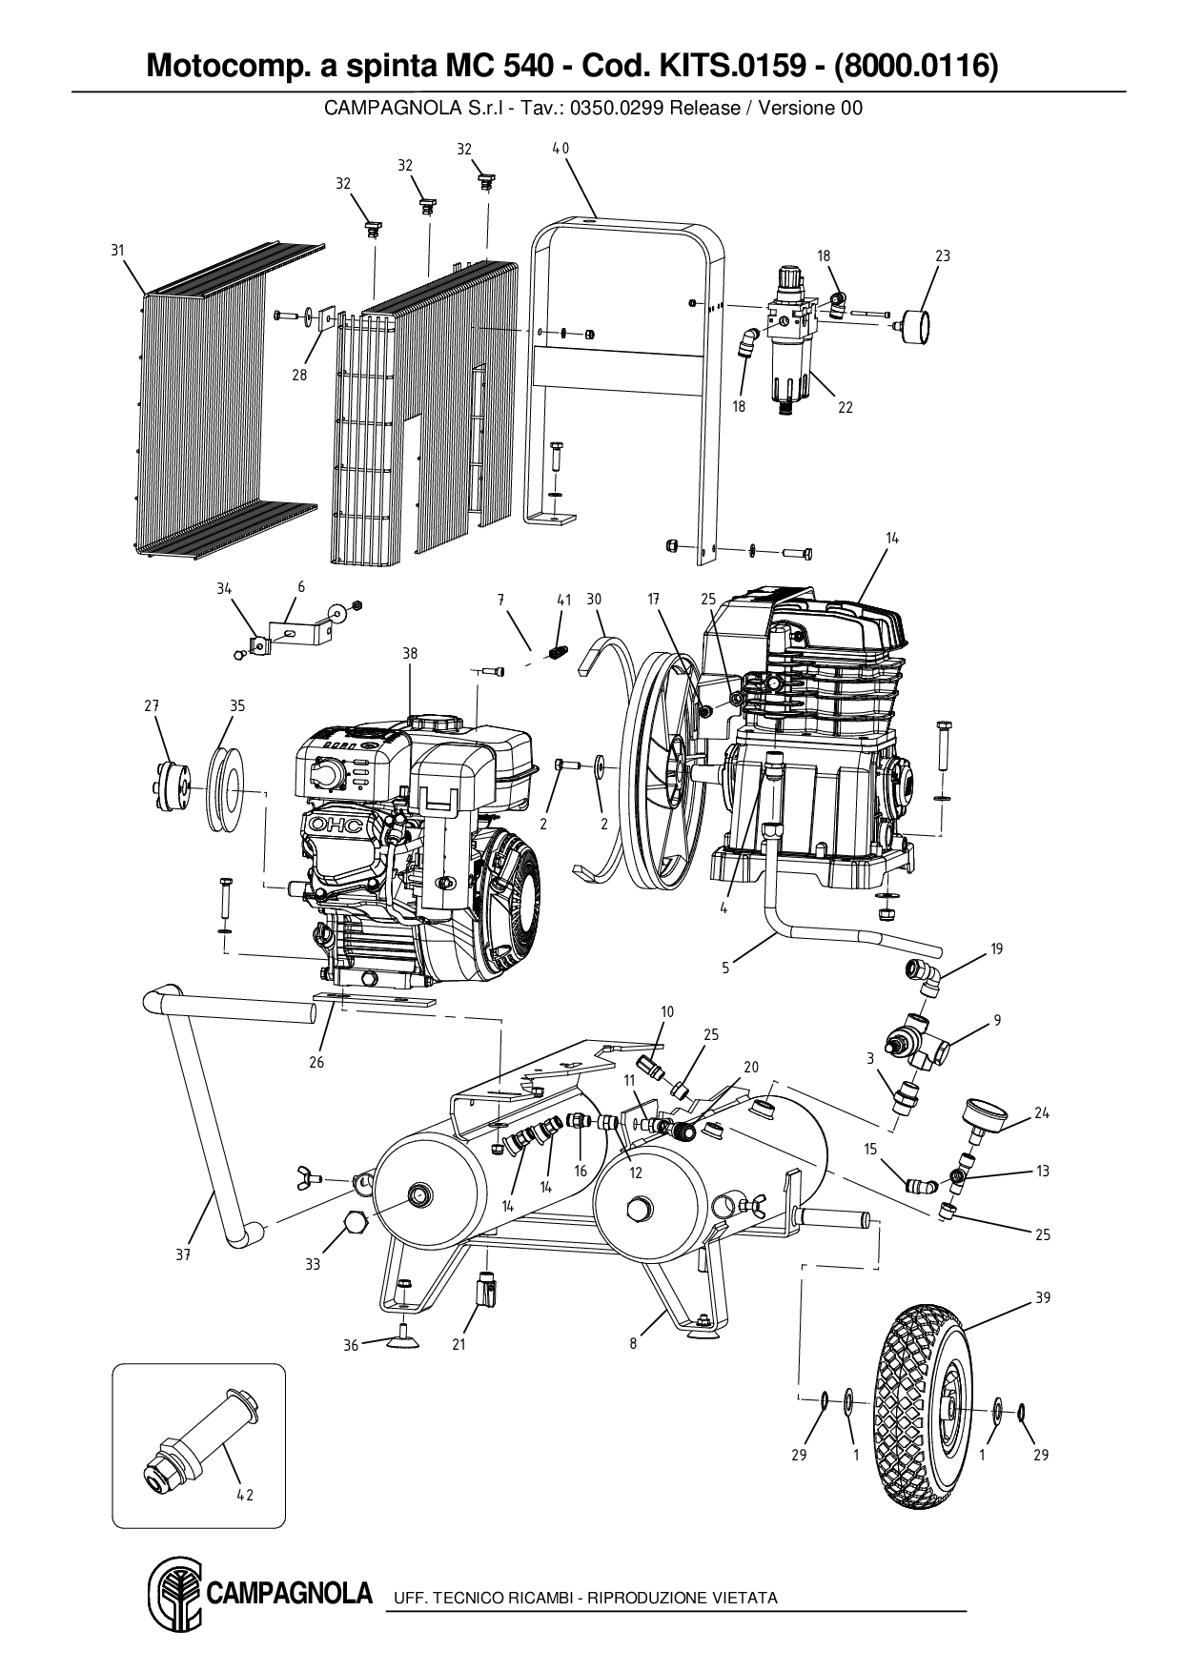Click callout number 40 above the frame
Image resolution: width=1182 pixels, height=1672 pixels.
(x=560, y=149)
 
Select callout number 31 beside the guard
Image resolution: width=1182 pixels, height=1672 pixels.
(x=117, y=251)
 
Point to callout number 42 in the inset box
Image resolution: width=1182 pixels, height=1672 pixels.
(x=245, y=1496)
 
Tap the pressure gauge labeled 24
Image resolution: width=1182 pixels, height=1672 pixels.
(x=985, y=1113)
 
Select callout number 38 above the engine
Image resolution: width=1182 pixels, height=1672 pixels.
(x=409, y=655)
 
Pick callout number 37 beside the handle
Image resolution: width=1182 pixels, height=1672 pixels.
(x=183, y=1255)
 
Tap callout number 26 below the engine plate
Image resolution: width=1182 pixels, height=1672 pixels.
(x=316, y=1062)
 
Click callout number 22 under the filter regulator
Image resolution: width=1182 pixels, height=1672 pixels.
(x=845, y=407)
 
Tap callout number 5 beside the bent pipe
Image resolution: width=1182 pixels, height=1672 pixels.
(x=724, y=968)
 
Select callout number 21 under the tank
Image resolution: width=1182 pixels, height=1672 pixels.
(x=459, y=1345)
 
